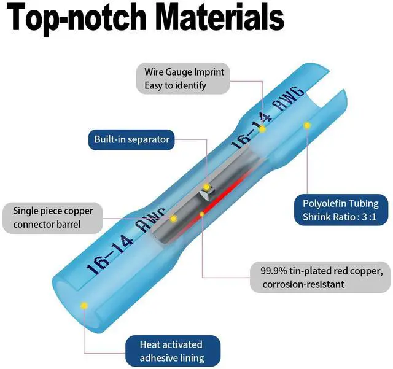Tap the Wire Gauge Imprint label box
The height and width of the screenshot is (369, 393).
pos(183,79)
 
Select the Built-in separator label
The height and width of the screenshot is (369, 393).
pos(131,139)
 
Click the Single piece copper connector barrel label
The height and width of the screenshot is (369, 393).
pos(53,218)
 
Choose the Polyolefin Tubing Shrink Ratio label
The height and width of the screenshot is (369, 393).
pos(341,210)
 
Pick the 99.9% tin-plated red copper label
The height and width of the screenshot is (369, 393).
pos(321,278)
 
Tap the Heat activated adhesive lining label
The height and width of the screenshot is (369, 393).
pos(173,351)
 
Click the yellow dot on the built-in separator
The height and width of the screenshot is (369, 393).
pos(206,187)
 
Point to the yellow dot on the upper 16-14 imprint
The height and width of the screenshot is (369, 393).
pos(262,130)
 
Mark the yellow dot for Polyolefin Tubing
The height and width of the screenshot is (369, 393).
pos(307,125)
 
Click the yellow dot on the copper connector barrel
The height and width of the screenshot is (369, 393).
pos(173,219)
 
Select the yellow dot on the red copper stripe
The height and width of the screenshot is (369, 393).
pos(202,214)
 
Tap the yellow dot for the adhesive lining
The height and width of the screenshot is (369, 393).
pos(85,306)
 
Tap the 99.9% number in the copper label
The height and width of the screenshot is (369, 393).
pos(273,271)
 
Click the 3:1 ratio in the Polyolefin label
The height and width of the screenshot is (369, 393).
pos(369,217)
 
